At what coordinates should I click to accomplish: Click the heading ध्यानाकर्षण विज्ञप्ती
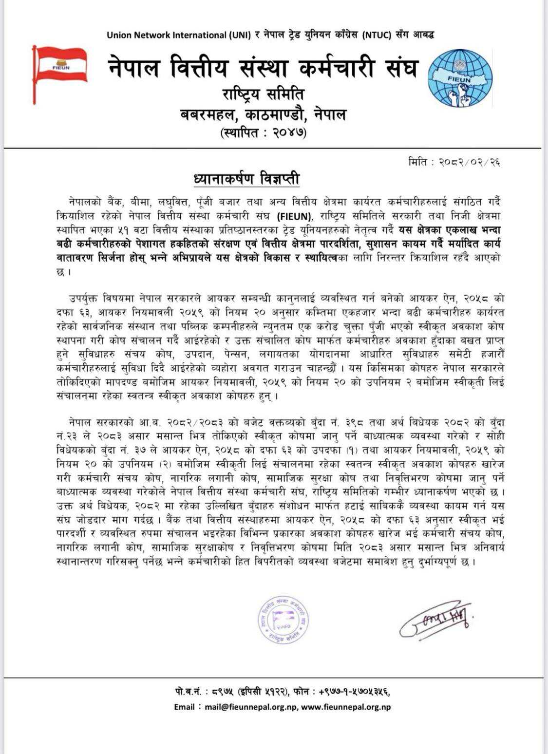[x=246, y=179]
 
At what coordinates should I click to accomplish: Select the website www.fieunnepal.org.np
[x=345, y=707]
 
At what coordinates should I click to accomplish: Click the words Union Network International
[x=166, y=35]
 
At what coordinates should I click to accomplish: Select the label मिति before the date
[x=418, y=162]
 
